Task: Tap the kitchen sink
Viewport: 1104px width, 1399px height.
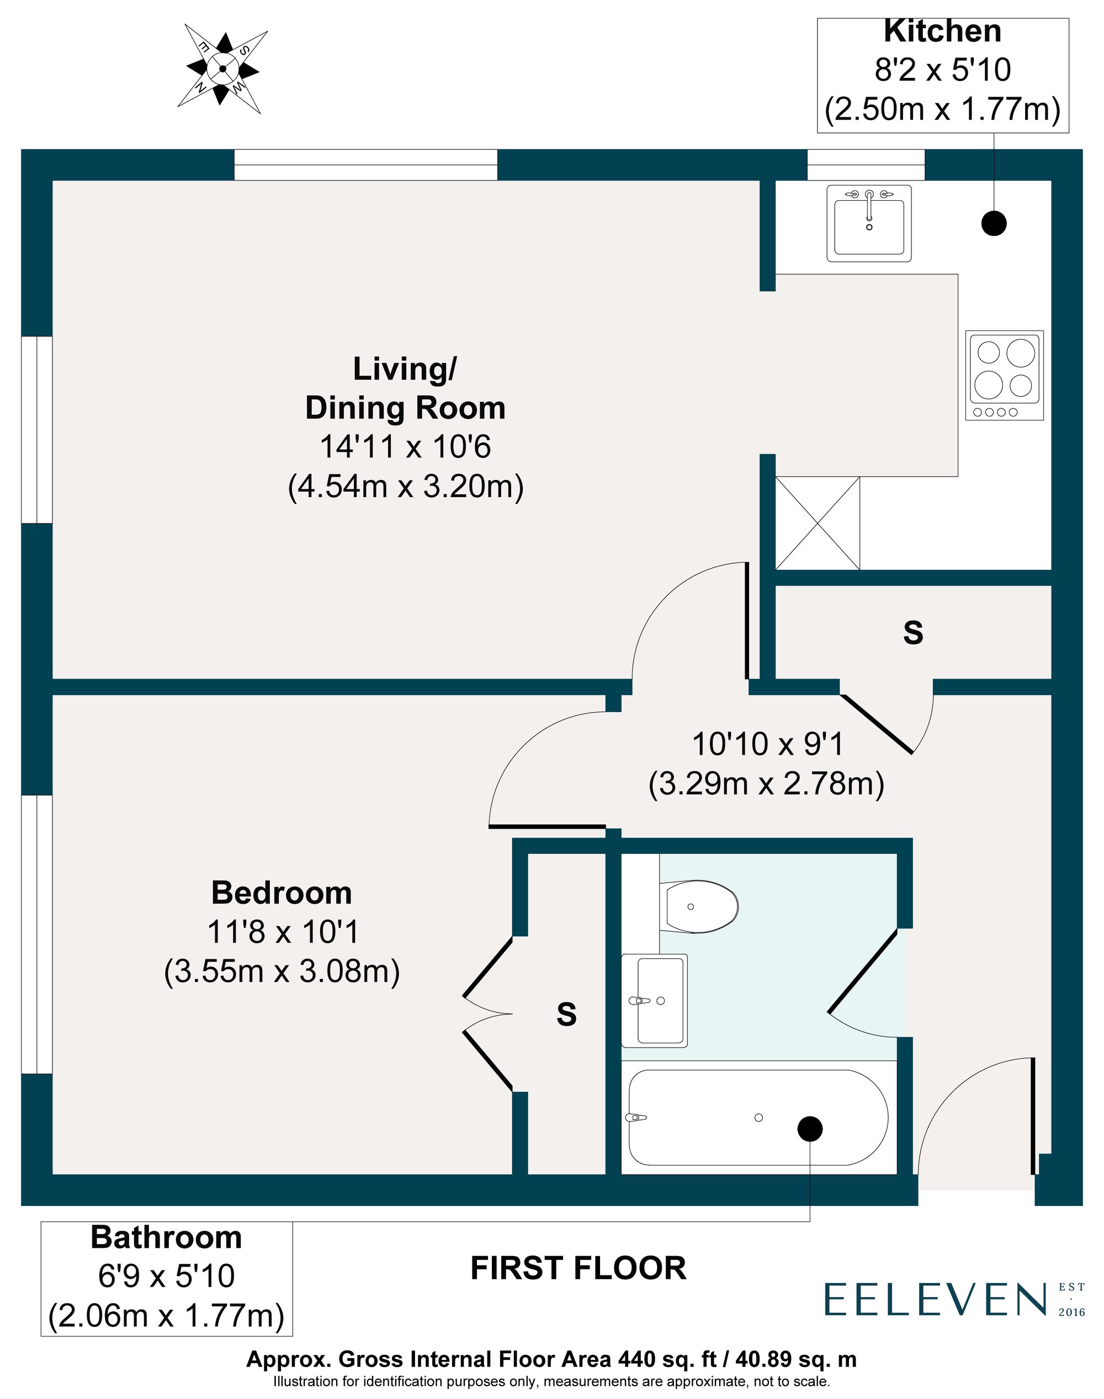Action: (x=869, y=223)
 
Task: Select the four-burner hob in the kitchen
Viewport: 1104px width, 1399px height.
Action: (x=1005, y=375)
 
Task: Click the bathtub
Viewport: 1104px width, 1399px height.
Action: (x=757, y=1118)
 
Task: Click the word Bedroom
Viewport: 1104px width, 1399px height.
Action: (x=282, y=893)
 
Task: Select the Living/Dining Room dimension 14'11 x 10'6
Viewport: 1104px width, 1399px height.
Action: (x=405, y=447)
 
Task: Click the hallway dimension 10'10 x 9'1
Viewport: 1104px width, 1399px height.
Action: (x=767, y=744)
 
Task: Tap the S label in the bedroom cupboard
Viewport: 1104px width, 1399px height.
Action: (x=566, y=1014)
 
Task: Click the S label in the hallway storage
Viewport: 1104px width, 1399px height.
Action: (x=912, y=633)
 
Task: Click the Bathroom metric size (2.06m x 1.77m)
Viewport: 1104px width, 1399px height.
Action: (x=166, y=1316)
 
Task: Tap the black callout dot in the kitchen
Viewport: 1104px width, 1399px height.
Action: (x=994, y=223)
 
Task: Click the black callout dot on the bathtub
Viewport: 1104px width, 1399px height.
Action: (x=810, y=1129)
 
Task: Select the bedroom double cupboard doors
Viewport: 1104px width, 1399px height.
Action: (x=489, y=1014)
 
